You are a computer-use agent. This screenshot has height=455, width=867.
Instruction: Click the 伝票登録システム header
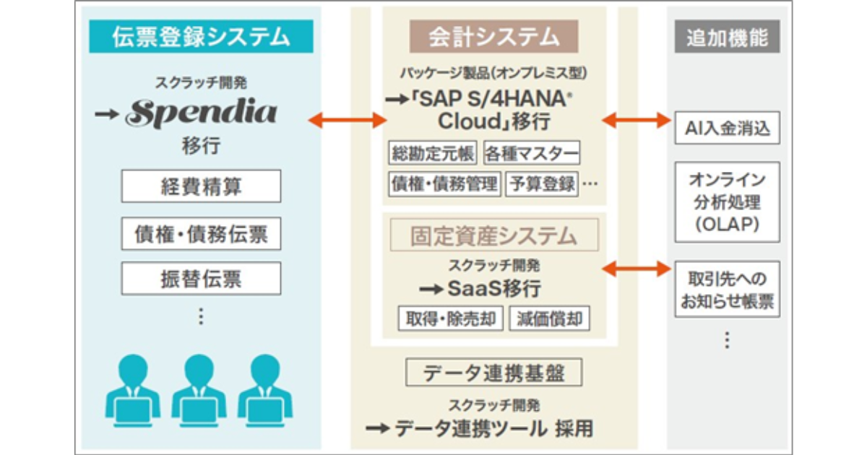[x=202, y=37]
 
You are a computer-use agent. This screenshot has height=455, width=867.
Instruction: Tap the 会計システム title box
[x=493, y=36]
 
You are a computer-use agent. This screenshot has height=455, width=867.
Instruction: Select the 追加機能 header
[x=728, y=37]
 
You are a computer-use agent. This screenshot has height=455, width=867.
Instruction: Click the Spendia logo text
[x=202, y=113]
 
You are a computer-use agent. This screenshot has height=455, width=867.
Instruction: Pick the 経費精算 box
[x=201, y=186]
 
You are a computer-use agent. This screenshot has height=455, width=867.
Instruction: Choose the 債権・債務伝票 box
[x=201, y=233]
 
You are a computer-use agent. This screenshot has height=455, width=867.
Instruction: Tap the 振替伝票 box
[x=201, y=279]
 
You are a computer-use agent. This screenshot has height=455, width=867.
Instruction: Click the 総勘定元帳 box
[x=433, y=153]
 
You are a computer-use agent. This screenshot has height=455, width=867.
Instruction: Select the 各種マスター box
[x=532, y=153]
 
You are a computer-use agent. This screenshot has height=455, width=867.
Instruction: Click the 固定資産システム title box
[x=494, y=235]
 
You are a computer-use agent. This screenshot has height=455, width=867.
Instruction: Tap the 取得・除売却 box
[x=451, y=318]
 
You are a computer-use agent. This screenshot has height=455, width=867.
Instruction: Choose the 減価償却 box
[x=550, y=318]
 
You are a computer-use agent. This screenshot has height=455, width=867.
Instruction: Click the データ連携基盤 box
[x=494, y=373]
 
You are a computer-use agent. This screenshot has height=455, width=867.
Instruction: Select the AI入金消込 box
[x=728, y=129]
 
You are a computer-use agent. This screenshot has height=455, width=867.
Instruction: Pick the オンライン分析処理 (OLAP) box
[x=728, y=202]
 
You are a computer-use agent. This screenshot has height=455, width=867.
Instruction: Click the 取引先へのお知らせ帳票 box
[x=728, y=290]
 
